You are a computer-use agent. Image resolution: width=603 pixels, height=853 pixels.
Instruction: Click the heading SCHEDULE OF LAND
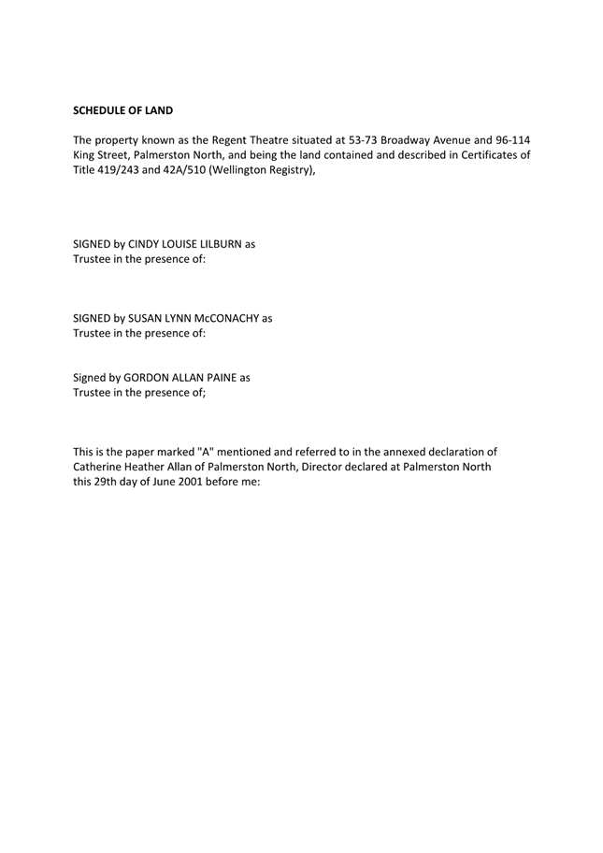pos(122,110)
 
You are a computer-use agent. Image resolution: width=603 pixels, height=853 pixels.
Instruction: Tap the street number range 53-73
pos(364,140)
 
